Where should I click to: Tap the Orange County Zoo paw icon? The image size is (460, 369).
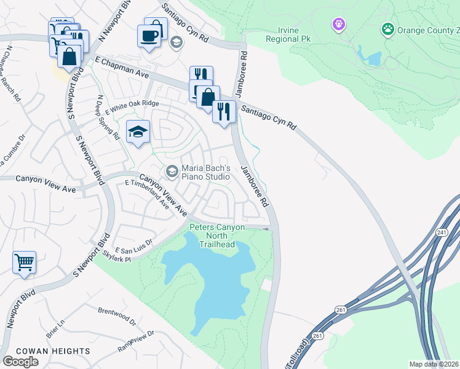tap(387, 29)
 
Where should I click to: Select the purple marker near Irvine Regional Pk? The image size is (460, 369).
tap(338, 25)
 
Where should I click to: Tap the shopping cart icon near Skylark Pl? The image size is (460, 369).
tap(24, 262)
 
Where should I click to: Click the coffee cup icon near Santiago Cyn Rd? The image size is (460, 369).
tap(149, 36)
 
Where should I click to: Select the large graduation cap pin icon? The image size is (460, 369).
tap(138, 132)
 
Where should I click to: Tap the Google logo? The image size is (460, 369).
tap(20, 361)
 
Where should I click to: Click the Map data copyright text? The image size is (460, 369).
tap(434, 364)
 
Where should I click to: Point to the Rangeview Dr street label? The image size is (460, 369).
tap(137, 340)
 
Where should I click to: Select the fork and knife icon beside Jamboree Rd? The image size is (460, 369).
tap(224, 111)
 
